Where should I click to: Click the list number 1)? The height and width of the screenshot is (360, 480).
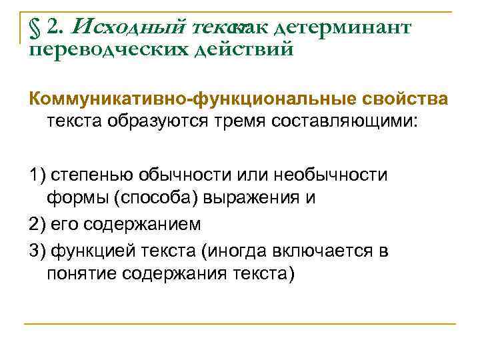click(x=37, y=175)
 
